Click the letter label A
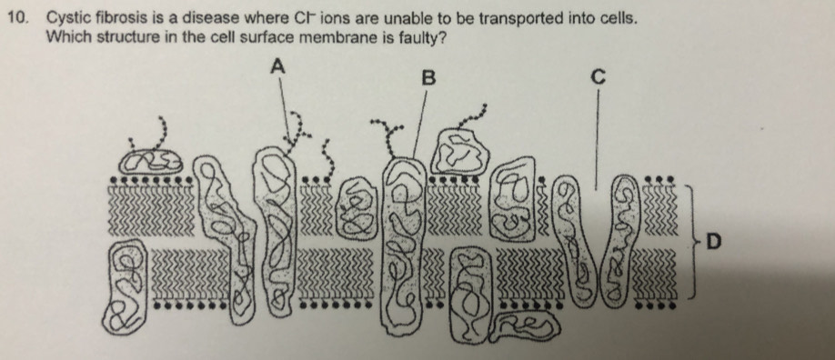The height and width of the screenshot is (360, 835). tap(278, 66)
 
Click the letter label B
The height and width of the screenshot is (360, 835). tap(428, 79)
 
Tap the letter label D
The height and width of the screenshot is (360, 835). tap(713, 243)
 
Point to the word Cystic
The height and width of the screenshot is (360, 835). tap(69, 19)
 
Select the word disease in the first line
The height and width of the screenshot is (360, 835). tap(210, 18)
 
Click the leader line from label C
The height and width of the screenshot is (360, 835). tap(597, 139)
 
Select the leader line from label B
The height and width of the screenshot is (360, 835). tap(419, 124)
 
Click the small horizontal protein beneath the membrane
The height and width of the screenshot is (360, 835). tap(525, 326)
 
